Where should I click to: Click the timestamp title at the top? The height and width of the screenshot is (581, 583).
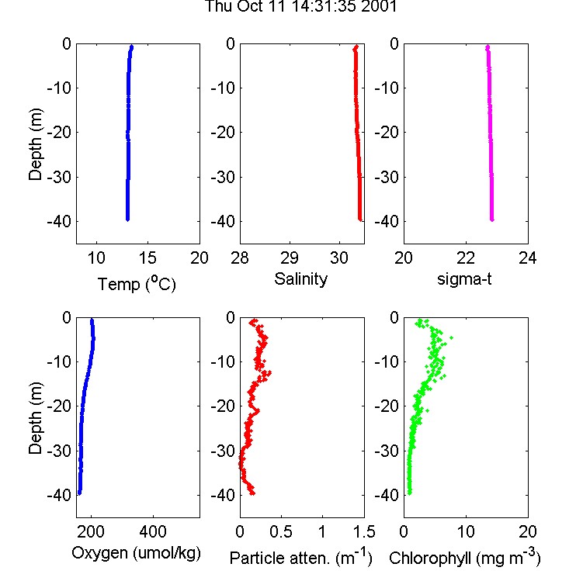click(300, 6)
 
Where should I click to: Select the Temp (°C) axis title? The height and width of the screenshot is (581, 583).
click(137, 284)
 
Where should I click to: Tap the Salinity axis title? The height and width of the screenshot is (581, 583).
click(300, 279)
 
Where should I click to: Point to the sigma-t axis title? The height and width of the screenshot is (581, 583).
click(464, 279)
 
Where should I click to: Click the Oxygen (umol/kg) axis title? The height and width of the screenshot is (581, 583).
click(136, 553)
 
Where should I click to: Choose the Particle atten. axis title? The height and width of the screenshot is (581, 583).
click(300, 557)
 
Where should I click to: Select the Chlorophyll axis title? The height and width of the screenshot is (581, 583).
click(465, 557)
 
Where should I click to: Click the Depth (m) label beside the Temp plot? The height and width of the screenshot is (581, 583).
click(36, 144)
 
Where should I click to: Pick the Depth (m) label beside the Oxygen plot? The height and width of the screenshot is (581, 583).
click(36, 418)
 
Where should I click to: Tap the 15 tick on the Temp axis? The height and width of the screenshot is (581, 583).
click(147, 258)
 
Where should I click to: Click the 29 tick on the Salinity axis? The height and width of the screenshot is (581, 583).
click(290, 258)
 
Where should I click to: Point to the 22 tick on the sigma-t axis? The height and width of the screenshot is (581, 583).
click(466, 258)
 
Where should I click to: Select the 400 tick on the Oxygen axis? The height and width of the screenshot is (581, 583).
click(153, 531)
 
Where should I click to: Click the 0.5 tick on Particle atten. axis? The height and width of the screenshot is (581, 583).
click(281, 531)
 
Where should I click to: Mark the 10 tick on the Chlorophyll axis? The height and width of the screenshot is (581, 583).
click(466, 531)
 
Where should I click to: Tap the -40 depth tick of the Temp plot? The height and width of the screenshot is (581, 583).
click(59, 221)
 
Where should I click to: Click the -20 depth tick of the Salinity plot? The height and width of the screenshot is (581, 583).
click(223, 132)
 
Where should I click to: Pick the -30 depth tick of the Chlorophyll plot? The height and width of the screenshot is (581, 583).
click(387, 451)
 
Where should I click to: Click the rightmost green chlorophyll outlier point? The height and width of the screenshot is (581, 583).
click(451, 337)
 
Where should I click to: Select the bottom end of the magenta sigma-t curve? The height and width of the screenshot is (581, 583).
click(492, 220)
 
